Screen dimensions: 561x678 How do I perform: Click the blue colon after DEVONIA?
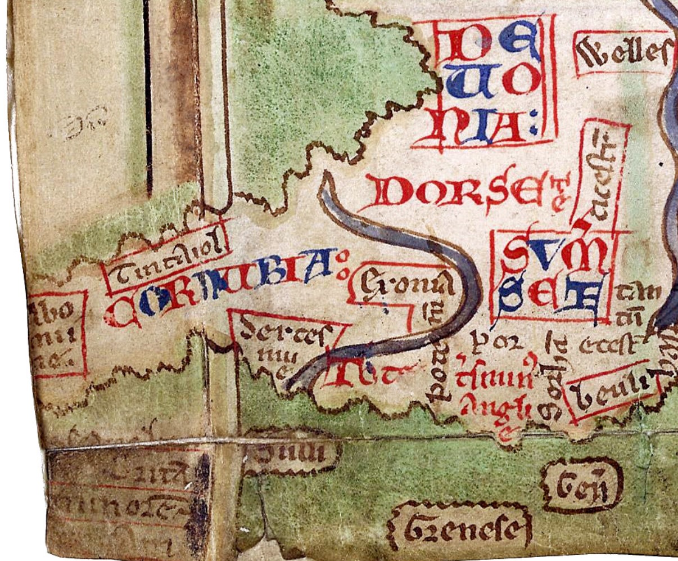coord(532,131)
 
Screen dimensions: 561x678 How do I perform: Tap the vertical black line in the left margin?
coord(148,96)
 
